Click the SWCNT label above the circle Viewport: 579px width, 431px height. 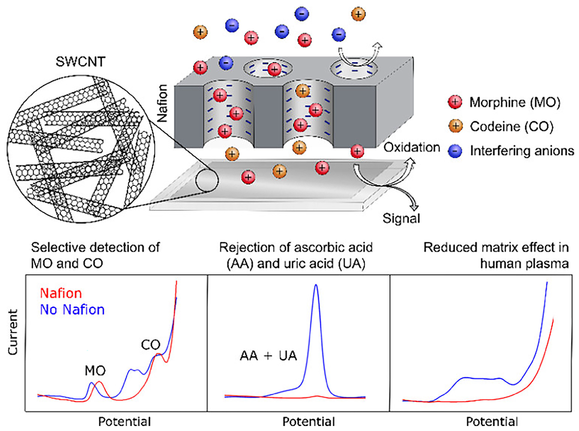pyautogui.click(x=80, y=62)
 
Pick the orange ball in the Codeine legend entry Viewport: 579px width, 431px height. pyautogui.click(x=456, y=126)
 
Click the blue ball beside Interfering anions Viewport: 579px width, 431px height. pyautogui.click(x=455, y=151)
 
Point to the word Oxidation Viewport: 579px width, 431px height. pyautogui.click(x=412, y=148)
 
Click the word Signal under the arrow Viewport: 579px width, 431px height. pyautogui.click(x=401, y=218)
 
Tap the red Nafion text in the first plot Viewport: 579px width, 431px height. pyautogui.click(x=61, y=293)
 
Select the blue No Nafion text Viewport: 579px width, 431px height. pyautogui.click(x=72, y=310)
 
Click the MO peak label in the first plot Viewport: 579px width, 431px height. pyautogui.click(x=95, y=371)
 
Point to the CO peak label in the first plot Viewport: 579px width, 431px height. pyautogui.click(x=151, y=345)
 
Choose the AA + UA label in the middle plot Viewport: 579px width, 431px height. pyautogui.click(x=268, y=356)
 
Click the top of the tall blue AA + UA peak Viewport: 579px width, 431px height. pyautogui.click(x=316, y=285)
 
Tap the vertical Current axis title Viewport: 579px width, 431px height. pyautogui.click(x=13, y=332)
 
